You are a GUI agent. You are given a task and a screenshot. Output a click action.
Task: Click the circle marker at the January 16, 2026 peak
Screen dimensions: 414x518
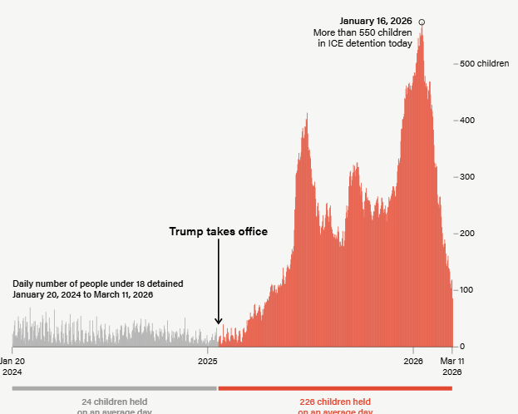coord(422,22)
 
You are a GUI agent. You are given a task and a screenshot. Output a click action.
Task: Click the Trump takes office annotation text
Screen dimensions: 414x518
coord(219,232)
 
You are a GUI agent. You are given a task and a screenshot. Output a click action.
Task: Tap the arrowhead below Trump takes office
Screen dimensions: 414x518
coord(219,322)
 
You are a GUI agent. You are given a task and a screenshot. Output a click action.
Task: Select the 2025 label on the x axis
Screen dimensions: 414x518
coord(208,362)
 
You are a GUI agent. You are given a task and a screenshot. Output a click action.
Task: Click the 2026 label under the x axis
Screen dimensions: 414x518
coord(413,362)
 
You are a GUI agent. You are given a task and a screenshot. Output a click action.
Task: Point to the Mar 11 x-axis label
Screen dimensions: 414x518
coord(452,362)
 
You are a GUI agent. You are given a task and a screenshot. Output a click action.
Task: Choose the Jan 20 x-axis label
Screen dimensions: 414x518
coord(12,362)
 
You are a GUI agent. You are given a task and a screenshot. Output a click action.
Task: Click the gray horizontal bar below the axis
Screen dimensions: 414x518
coord(114,388)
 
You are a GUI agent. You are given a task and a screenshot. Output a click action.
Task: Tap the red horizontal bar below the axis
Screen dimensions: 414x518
coord(335,388)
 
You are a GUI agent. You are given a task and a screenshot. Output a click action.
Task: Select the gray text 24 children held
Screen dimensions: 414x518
coord(114,402)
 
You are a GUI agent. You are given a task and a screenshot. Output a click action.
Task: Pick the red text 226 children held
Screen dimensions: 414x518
coord(335,402)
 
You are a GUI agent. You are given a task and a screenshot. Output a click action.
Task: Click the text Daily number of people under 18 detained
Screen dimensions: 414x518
coord(98,284)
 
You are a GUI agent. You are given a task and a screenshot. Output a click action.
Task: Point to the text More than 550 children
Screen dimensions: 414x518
coord(363,32)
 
